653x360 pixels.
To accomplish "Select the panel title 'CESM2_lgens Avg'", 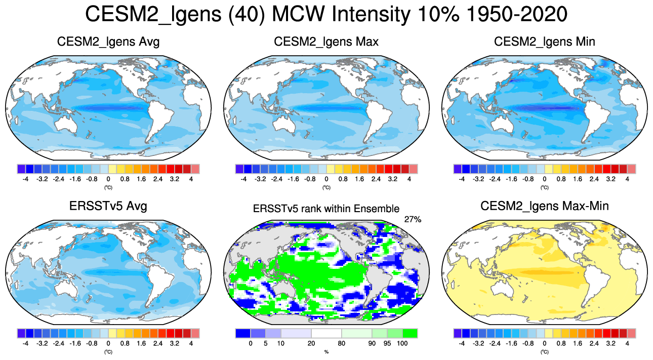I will [x=108, y=42].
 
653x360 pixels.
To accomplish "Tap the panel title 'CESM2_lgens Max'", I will [x=326, y=42].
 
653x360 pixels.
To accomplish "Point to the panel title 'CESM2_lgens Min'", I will [x=544, y=42].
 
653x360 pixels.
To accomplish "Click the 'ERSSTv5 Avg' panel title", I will [x=108, y=207].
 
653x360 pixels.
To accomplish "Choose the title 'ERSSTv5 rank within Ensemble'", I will [x=326, y=208].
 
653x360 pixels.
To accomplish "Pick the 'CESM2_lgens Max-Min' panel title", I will [x=544, y=207].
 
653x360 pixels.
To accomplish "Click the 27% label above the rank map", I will [x=413, y=219].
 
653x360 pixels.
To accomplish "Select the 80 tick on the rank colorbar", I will [x=342, y=343].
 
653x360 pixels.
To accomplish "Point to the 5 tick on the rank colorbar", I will [x=265, y=343].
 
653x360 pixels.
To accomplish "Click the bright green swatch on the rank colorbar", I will [x=410, y=333].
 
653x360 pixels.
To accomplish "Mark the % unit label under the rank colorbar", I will [x=326, y=351].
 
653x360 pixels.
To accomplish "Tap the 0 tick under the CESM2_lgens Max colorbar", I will [x=327, y=179].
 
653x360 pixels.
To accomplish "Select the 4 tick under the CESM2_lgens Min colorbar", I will [x=627, y=179].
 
